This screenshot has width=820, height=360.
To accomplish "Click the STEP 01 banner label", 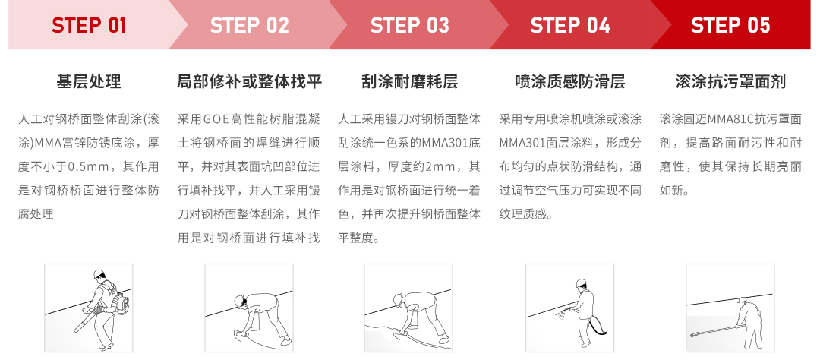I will pos(89,25).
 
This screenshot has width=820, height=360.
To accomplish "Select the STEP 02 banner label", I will pos(250,25).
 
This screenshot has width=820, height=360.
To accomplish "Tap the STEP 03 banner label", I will pos(410,25).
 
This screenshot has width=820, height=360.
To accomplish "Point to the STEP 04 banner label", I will pos(570,25).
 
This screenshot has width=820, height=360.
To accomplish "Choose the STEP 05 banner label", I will pos(730,25).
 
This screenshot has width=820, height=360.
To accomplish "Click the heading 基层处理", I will pos(89,81).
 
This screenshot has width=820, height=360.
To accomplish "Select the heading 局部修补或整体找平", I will pos(250,81).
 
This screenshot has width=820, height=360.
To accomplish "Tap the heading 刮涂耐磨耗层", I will pos(410,81).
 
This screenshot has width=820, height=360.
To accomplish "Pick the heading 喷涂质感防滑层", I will pos(570,81).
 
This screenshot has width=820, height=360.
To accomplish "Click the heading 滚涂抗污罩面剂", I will pos(730,81).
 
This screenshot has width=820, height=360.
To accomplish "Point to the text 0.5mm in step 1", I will pos(91,166).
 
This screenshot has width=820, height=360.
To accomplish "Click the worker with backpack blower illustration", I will pos(89,308).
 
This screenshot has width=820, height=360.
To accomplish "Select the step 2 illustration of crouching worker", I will pos(250,308).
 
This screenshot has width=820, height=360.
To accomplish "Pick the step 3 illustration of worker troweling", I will pos(410,308).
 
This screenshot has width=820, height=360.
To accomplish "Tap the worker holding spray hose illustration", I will pos(570,308).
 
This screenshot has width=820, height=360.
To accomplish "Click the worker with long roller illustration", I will pos(730,308).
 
